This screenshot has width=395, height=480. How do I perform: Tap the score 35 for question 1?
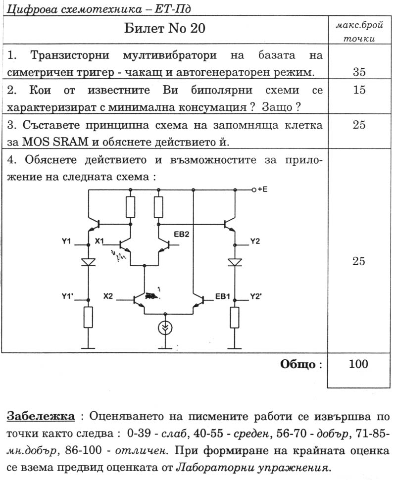pos(359,72)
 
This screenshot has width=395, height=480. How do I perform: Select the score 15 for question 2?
pos(359,90)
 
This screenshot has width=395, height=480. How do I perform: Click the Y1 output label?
pos(67,241)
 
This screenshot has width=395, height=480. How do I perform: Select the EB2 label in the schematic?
pos(182,234)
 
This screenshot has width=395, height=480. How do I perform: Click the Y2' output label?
pos(256,296)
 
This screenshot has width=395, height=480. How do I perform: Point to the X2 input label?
pos(108,296)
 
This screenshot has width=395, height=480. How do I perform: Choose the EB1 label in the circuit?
pos(222,296)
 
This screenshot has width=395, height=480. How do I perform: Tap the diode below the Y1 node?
pos(88,262)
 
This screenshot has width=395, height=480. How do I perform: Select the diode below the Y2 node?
pos(235,262)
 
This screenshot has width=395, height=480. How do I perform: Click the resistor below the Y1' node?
pos(88,317)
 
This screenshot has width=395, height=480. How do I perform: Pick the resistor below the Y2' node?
pos(235,317)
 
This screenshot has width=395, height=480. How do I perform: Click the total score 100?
pos(359,365)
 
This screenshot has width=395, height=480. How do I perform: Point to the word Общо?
pos(298,365)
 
